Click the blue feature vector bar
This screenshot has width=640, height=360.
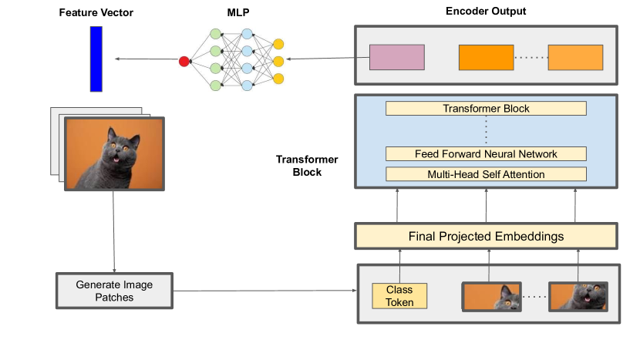[96, 59]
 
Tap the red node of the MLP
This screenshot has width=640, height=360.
[184, 61]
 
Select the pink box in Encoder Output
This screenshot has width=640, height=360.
[396, 58]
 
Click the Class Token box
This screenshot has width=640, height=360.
[399, 296]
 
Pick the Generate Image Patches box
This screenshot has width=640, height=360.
[114, 291]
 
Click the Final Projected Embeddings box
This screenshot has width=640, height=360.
[486, 236]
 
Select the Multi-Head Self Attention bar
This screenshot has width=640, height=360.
[486, 174]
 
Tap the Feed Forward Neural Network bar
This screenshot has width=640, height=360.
[486, 153]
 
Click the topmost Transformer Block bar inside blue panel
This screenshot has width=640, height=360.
[486, 109]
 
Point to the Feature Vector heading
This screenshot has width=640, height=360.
[96, 13]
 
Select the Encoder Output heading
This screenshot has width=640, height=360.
[486, 12]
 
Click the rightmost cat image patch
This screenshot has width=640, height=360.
[578, 296]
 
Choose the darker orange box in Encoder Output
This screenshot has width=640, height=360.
[486, 58]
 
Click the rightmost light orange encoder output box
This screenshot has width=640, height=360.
[575, 58]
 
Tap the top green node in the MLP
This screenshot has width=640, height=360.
[216, 35]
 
